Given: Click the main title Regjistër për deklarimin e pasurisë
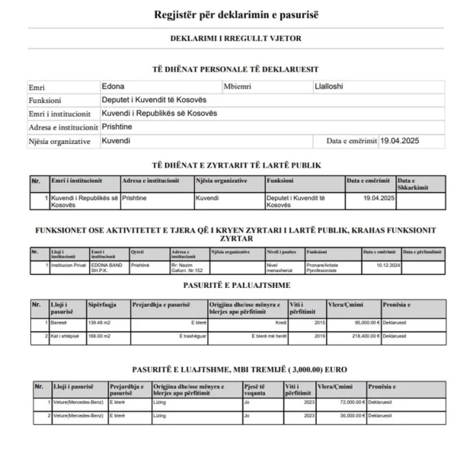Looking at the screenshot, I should click(x=235, y=14).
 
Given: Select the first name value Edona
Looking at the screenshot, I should click(x=114, y=86).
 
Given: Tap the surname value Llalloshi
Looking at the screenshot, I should click(x=329, y=86).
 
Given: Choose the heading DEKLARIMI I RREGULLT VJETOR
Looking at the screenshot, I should click(x=235, y=37).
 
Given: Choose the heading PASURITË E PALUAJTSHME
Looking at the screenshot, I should click(x=235, y=286).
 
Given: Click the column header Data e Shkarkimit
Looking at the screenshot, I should click(x=414, y=184).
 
